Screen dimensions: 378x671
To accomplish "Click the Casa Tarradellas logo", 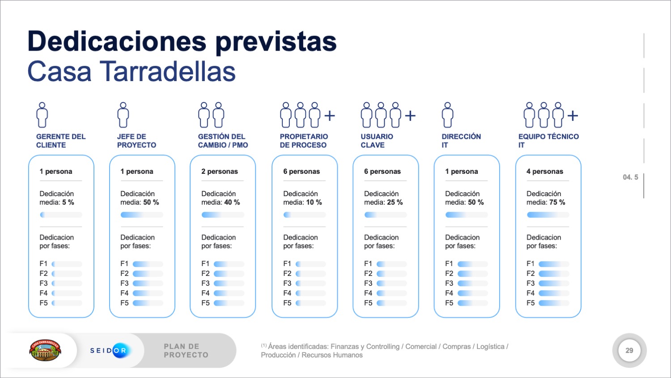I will tap(45, 350).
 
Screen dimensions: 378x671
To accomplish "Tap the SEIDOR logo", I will tap(109, 350).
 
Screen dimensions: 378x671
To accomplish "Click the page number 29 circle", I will tap(629, 350).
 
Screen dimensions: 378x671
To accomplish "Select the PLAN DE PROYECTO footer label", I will tap(186, 351).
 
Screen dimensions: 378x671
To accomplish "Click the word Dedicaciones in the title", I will tap(117, 42).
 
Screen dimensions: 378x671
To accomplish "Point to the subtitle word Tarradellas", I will tap(167, 72).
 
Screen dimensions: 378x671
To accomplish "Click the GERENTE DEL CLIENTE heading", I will tap(60, 141).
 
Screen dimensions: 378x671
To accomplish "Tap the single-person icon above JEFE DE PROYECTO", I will tap(123, 115).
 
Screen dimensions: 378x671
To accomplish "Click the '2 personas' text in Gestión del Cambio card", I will tap(220, 172).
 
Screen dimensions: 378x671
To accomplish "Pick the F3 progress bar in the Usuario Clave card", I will tap(391, 283).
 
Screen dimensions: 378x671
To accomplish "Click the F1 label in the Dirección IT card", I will tap(449, 264).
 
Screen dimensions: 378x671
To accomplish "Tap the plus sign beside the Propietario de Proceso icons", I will tap(330, 116).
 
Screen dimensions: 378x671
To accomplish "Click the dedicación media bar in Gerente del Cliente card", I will tap(61, 215).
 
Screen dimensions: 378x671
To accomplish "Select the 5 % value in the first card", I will tap(68, 202).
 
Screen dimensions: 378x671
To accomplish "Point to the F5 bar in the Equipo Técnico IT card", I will tap(554, 303).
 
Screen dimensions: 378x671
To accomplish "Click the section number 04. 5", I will tap(630, 177).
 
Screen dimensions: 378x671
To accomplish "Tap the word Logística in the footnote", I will tap(490, 347).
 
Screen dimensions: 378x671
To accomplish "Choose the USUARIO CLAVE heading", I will tap(377, 141).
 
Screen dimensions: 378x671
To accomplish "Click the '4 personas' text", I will tap(544, 172).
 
